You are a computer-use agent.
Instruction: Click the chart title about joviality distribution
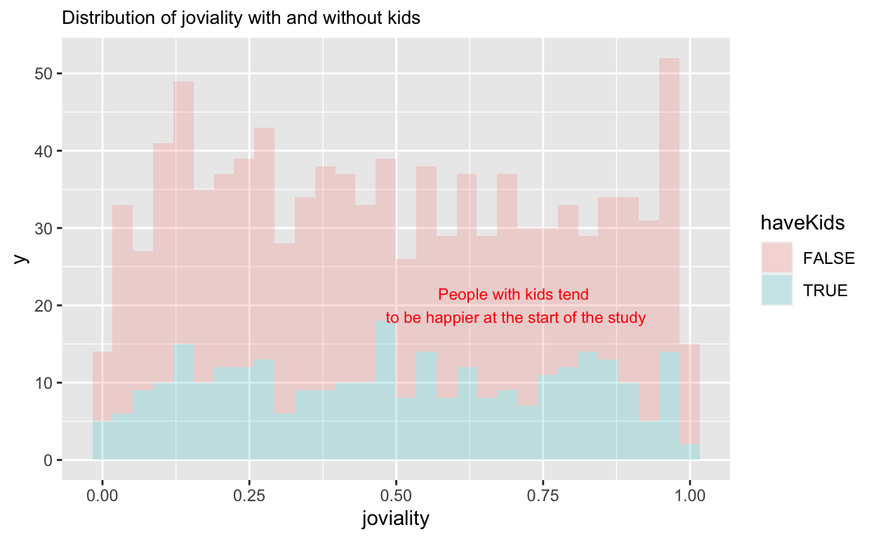(x=241, y=18)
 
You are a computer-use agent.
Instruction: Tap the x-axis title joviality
(x=395, y=519)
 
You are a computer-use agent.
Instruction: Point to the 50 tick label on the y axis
(x=45, y=74)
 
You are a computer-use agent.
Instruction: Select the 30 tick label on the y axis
(x=45, y=228)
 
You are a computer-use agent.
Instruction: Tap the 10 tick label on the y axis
(x=45, y=382)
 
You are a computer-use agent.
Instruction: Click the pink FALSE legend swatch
(x=777, y=258)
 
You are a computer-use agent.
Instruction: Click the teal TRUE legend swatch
(x=777, y=290)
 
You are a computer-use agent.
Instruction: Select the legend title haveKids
(x=802, y=223)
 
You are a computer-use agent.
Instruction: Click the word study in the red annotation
(x=629, y=318)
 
